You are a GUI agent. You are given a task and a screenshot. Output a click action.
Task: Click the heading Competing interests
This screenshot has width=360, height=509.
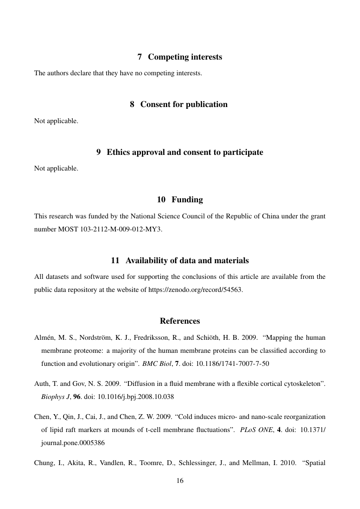180,57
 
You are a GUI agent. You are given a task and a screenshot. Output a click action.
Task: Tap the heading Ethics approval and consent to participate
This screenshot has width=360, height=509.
179,152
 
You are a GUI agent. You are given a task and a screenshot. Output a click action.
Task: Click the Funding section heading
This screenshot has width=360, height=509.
179,200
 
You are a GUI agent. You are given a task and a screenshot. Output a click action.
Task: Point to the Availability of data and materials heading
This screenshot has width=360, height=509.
180,261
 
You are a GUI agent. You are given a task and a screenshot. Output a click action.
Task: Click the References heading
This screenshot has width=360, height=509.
180,321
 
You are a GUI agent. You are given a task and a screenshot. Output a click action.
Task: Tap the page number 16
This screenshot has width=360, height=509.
180,481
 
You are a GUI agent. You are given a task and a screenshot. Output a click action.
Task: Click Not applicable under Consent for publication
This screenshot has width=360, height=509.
56,121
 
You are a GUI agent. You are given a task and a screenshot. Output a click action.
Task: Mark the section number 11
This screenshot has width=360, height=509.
115,261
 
